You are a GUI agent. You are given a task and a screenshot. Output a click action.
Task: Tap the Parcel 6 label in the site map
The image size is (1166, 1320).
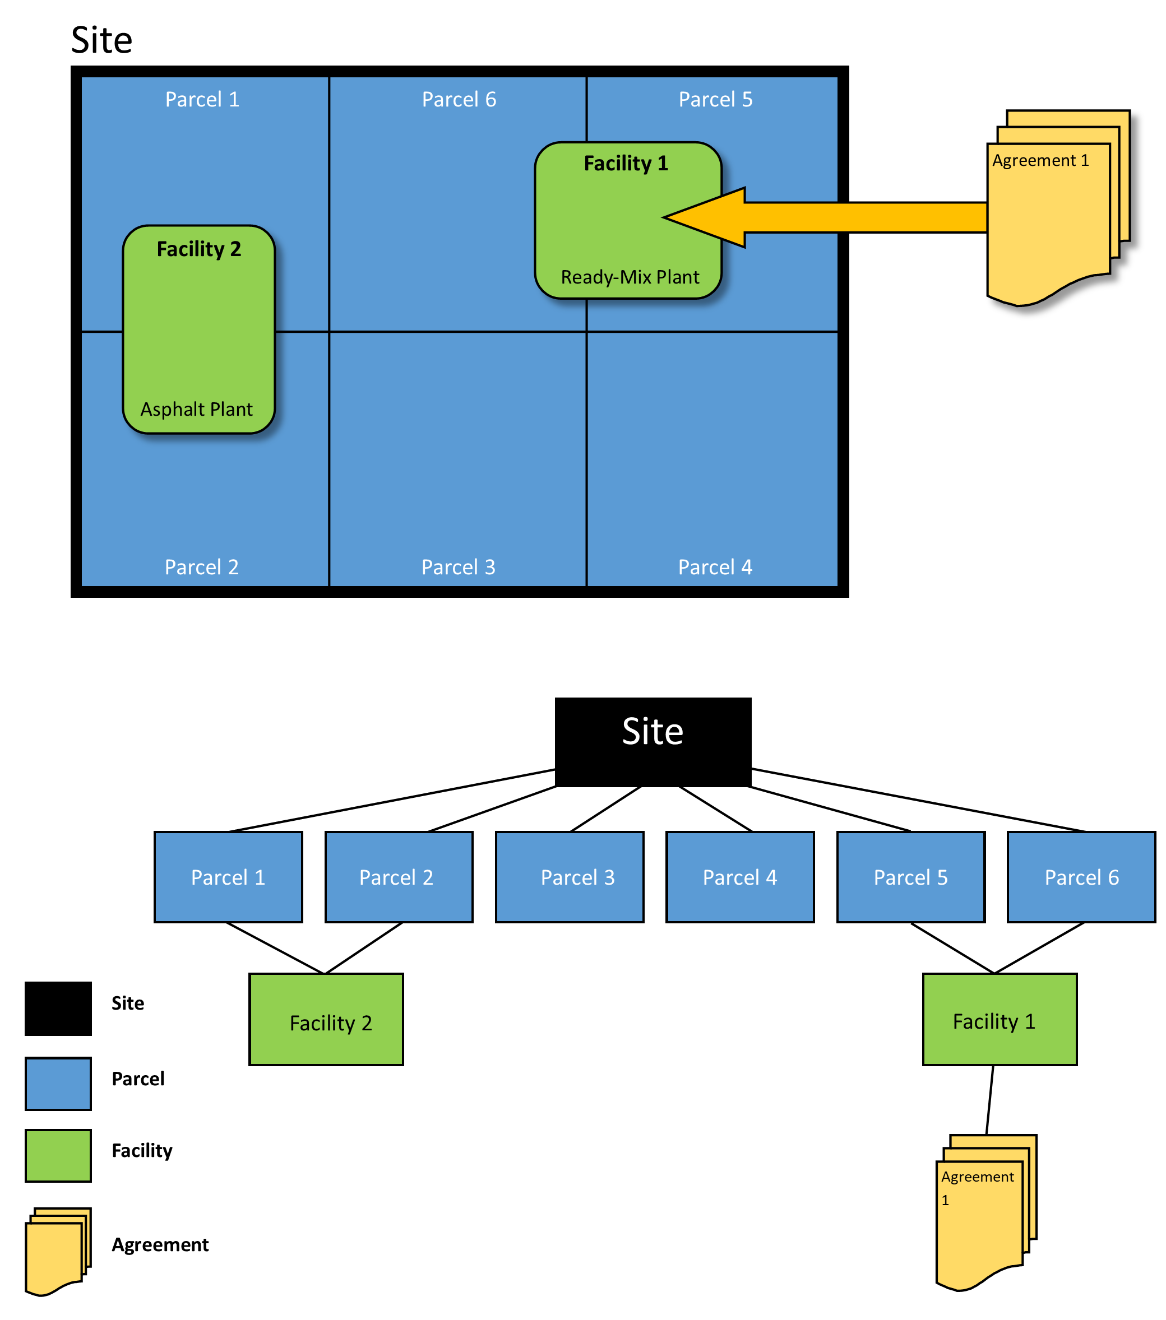459,100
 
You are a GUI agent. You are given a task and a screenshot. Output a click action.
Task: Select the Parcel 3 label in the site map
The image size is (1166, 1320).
458,567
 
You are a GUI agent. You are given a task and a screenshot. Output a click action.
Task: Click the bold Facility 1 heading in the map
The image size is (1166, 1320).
625,164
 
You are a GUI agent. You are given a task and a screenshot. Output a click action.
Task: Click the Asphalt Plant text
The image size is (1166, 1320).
196,410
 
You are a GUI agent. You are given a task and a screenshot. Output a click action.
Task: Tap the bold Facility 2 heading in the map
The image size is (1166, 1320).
199,249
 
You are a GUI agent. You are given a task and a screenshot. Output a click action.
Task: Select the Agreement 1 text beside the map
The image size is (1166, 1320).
1040,160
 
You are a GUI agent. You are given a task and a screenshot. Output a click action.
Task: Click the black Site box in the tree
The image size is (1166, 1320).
653,741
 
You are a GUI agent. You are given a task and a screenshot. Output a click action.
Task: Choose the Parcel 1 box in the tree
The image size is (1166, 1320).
228,876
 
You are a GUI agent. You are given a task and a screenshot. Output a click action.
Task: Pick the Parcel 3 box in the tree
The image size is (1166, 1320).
569,876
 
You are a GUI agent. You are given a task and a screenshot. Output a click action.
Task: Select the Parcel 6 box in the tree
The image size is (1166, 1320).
1081,876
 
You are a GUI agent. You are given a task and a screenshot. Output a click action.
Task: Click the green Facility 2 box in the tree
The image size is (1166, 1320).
326,1019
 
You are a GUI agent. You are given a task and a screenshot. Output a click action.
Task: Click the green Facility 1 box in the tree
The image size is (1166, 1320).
999,1019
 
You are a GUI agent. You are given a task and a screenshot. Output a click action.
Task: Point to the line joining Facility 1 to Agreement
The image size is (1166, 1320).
989,1099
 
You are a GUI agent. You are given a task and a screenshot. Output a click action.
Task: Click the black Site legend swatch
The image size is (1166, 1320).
58,1008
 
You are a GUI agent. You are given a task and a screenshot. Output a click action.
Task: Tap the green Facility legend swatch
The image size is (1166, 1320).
58,1155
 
